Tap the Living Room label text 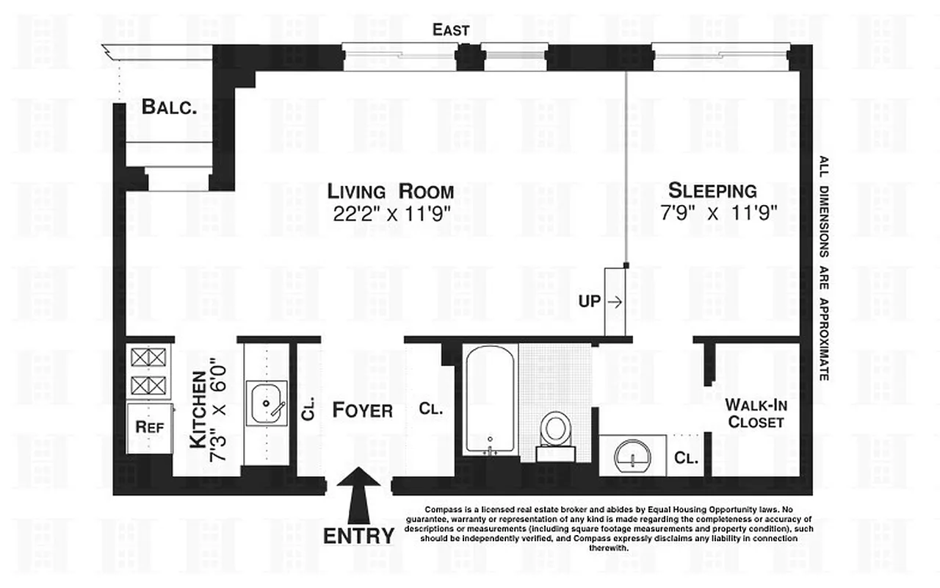(x=390, y=192)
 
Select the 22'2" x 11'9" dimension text (x=390, y=214)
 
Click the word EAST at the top (x=451, y=30)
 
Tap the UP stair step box (x=614, y=301)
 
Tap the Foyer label (x=362, y=410)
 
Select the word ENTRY (x=358, y=536)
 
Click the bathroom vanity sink (x=632, y=456)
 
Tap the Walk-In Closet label (x=753, y=413)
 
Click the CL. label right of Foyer (x=431, y=409)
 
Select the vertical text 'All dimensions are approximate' (x=824, y=268)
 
